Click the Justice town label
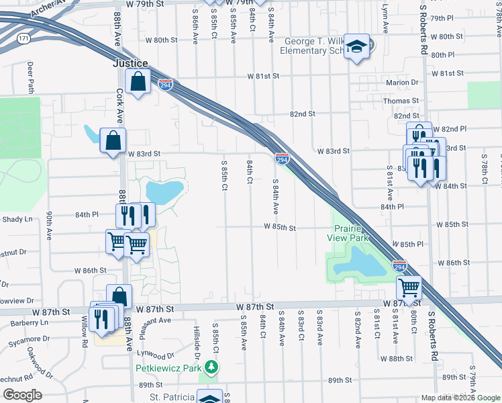click(x=130, y=64)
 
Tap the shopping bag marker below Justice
click(x=138, y=82)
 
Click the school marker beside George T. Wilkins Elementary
click(x=357, y=46)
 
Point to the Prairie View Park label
click(x=348, y=232)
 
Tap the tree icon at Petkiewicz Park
click(x=211, y=367)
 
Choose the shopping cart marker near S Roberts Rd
click(x=409, y=288)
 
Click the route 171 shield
click(x=24, y=39)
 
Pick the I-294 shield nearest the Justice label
click(x=166, y=85)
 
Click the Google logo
click(x=21, y=394)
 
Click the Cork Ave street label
click(x=119, y=106)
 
